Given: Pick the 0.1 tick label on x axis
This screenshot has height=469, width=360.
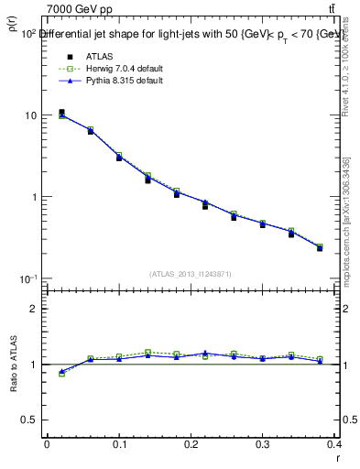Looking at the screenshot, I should [x=119, y=443].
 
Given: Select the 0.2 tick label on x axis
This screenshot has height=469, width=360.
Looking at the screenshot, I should [x=191, y=443].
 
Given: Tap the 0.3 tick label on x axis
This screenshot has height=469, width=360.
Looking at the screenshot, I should [x=264, y=443].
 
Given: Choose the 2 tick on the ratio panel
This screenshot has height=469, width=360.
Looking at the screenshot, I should [x=32, y=309].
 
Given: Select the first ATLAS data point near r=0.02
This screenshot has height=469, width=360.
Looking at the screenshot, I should [x=61, y=113].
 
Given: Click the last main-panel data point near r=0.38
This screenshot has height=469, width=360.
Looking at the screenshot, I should [x=320, y=247].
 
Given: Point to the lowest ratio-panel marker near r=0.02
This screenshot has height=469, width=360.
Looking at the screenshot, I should [x=61, y=373].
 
